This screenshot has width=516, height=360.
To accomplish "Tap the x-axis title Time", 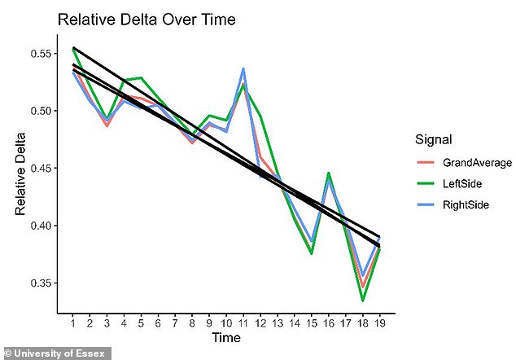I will [x=225, y=337].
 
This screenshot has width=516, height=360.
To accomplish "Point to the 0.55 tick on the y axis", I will [x=39, y=54].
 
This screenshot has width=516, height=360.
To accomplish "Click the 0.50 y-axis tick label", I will [x=39, y=111].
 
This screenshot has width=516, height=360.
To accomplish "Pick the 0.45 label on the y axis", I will [x=39, y=169].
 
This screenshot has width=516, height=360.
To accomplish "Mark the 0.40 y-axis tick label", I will [x=39, y=226].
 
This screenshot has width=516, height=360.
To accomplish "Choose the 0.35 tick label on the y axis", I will [x=39, y=283].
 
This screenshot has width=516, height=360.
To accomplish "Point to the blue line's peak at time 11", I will [x=243, y=68].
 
